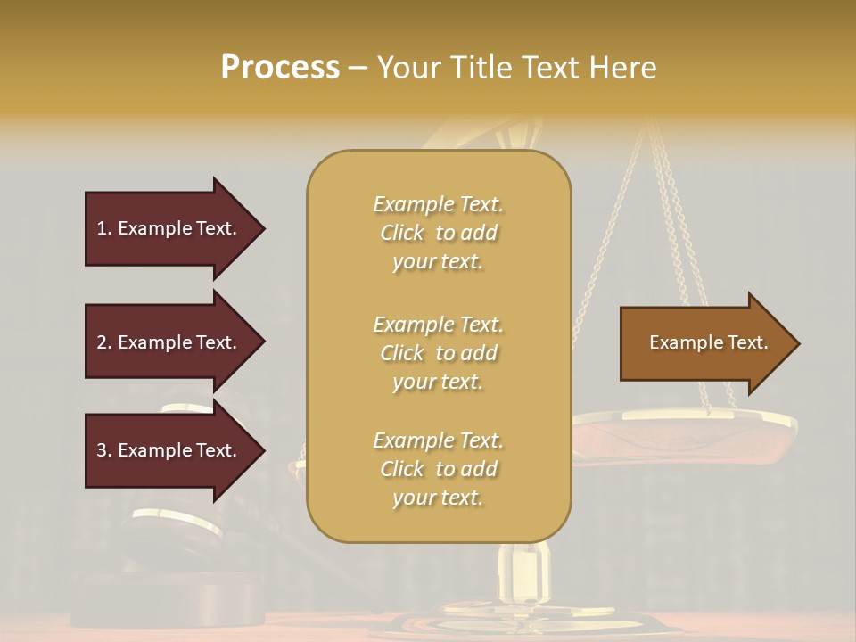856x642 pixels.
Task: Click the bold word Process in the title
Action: tap(280, 67)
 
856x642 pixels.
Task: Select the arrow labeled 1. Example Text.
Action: tap(169, 228)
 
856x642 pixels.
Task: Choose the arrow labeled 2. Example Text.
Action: tap(169, 342)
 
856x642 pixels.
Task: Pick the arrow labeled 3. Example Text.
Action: tap(169, 450)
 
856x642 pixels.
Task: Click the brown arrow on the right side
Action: tap(704, 343)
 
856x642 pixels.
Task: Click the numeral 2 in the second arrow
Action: tap(102, 342)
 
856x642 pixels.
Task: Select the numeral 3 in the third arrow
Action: tap(102, 450)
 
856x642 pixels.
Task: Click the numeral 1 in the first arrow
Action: tap(102, 228)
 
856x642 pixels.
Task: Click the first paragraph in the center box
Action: tap(438, 233)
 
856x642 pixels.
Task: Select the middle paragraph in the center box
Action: tap(438, 353)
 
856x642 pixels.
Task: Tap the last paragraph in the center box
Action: tap(438, 469)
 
